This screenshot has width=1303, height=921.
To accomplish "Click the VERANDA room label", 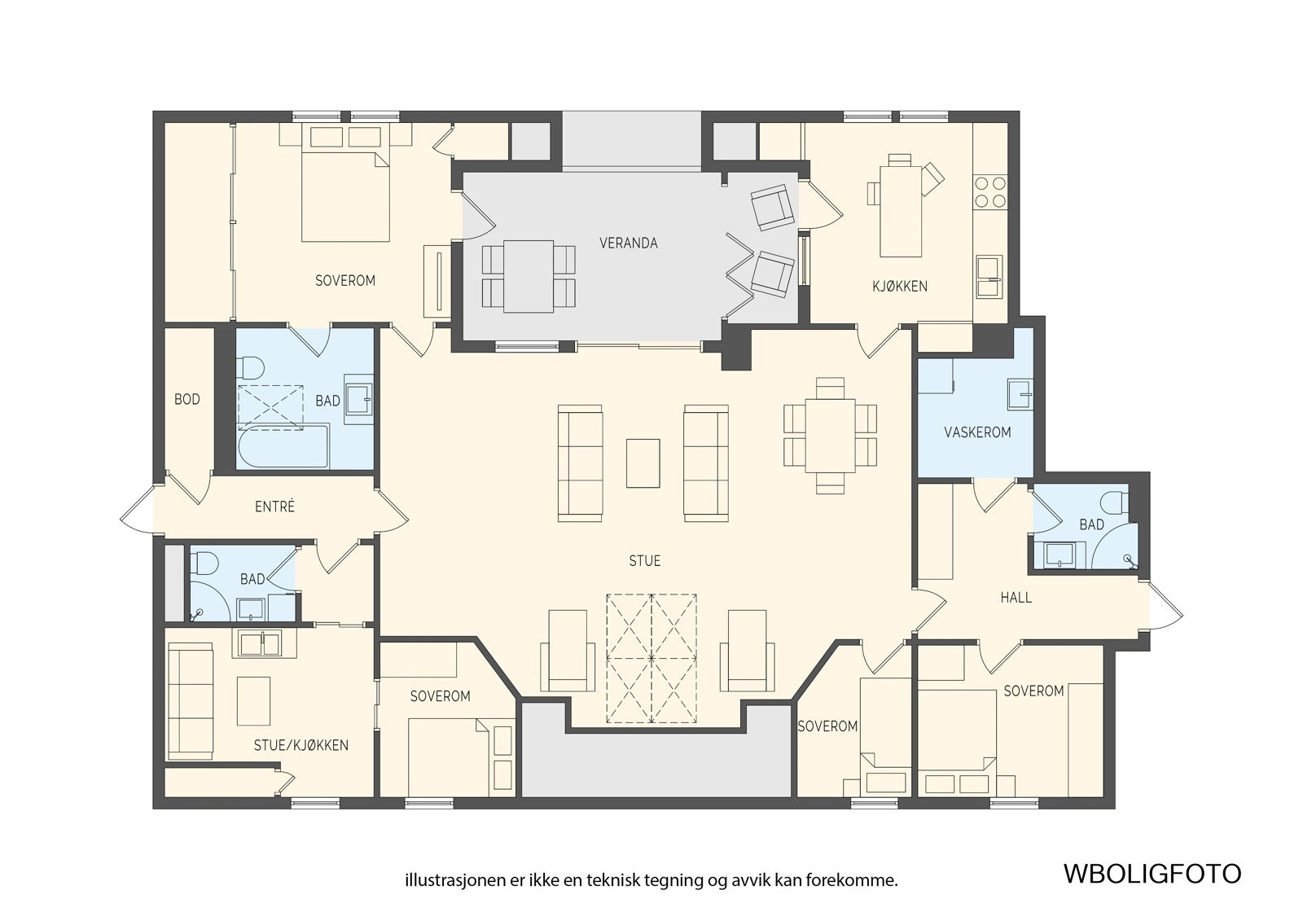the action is click(628, 243).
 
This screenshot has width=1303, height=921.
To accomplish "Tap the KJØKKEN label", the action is click(899, 287).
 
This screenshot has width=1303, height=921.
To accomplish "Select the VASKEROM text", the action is click(977, 432).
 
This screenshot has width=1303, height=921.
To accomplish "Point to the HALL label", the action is click(1016, 598).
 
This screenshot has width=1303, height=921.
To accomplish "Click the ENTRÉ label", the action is click(274, 507).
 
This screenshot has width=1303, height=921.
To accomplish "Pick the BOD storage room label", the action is click(186, 399).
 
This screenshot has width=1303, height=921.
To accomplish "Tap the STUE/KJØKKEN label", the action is click(301, 745).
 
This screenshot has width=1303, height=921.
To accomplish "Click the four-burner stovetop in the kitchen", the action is click(990, 192).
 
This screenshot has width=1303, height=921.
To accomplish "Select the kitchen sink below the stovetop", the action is click(989, 277).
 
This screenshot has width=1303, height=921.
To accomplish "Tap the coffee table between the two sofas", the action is click(643, 463).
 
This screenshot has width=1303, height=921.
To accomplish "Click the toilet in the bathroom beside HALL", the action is click(1115, 502).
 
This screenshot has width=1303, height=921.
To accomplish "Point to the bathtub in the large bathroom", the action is click(283, 446).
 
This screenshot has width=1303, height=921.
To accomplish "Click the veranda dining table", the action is click(529, 276).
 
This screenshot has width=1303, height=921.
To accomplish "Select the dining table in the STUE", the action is click(830, 435).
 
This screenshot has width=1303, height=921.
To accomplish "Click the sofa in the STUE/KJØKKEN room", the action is click(191, 701).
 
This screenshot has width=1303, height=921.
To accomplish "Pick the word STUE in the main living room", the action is click(644, 561).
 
